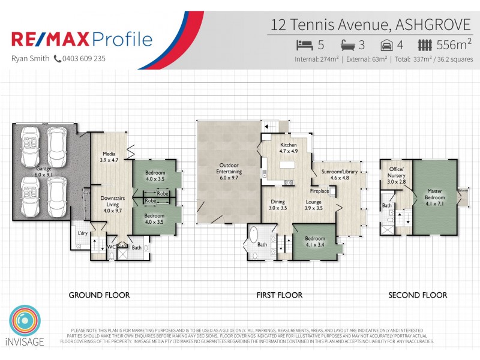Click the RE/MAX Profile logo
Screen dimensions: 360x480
tap(82, 40)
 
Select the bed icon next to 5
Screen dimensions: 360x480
tap(305, 45)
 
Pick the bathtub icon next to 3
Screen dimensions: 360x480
tap(349, 45)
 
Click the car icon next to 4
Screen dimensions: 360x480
tap(388, 45)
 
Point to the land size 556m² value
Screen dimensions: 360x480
tap(454, 45)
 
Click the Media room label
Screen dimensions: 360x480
tap(109, 157)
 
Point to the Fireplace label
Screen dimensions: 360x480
tap(319, 191)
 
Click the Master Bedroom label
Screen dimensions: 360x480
tap(435, 194)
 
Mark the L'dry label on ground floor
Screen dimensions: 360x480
tap(81, 233)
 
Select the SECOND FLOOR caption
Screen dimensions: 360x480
tap(418, 295)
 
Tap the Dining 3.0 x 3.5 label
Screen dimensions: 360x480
tap(277, 205)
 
